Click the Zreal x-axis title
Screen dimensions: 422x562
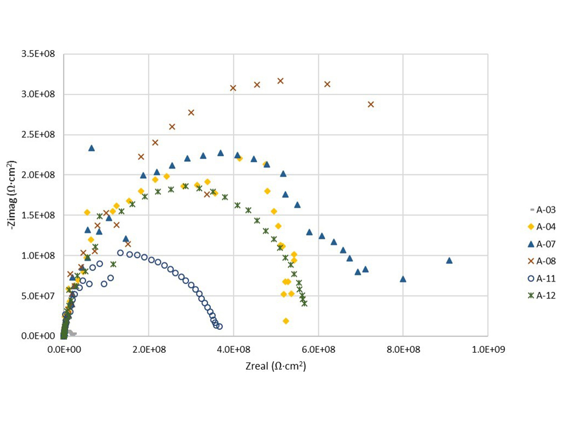pos(275,366)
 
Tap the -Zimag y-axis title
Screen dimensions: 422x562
pos(15,195)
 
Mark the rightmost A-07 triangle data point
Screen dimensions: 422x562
pos(449,261)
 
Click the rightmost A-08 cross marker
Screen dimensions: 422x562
pos(370,104)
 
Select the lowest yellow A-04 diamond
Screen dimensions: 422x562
pos(286,321)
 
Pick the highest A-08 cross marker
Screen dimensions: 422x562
pos(281,81)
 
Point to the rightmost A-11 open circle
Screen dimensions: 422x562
pos(220,326)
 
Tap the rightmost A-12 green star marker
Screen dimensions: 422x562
pos(304,303)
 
